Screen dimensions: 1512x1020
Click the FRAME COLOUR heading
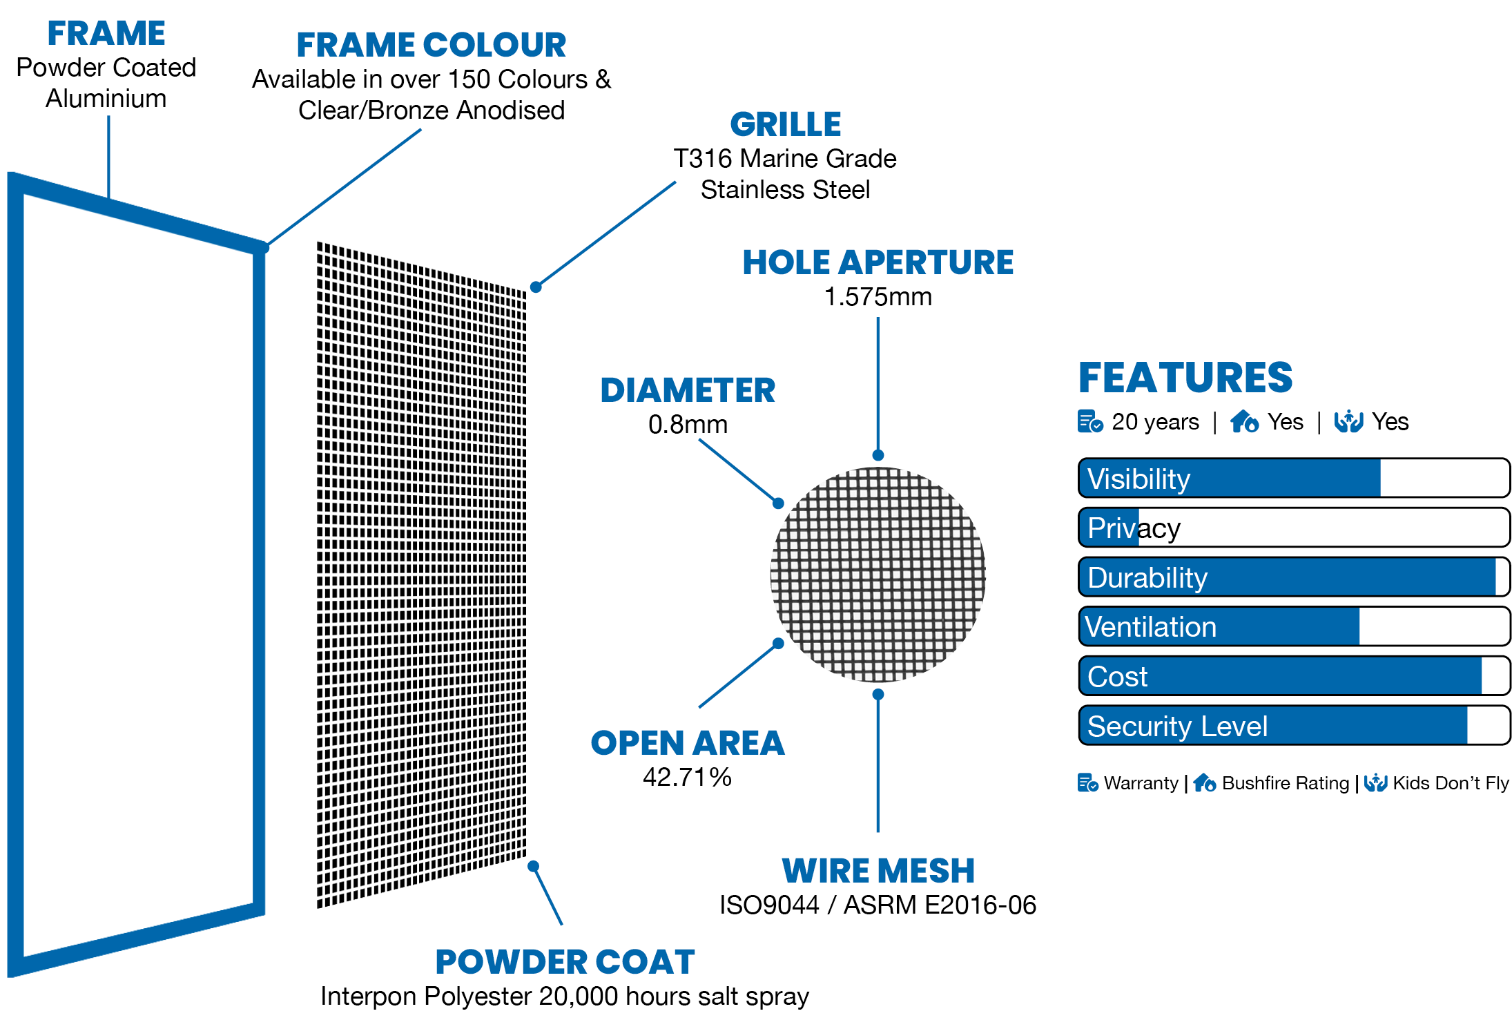[432, 46]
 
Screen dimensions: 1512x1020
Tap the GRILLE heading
[786, 125]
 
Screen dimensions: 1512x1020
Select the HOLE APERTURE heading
[878, 263]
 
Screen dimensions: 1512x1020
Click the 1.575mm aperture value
[878, 297]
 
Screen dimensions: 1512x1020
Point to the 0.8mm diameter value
[688, 425]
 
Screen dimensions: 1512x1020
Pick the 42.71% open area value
[688, 778]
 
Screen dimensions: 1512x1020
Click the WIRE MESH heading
[878, 872]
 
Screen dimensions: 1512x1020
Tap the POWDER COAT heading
[565, 963]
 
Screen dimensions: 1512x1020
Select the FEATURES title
[1185, 378]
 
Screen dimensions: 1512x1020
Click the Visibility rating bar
[1294, 478]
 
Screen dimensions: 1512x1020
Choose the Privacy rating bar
[1294, 528]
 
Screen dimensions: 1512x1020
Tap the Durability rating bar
[1294, 577]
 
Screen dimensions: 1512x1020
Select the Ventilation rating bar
[1294, 626]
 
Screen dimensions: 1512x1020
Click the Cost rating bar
[1294, 676]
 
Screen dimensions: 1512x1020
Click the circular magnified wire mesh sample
[878, 575]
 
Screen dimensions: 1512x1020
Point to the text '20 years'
[1155, 422]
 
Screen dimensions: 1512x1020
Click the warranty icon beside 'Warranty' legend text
[1088, 783]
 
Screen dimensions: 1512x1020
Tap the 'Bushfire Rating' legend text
[1286, 783]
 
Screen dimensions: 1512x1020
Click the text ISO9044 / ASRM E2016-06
[878, 905]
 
